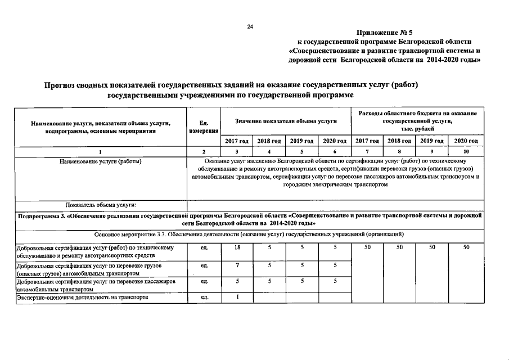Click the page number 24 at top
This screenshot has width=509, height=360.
[250, 27]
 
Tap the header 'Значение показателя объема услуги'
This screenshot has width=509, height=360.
[286, 121]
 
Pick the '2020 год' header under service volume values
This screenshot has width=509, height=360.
[335, 141]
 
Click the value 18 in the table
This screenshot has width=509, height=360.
[237, 247]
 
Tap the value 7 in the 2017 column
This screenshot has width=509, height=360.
[237, 264]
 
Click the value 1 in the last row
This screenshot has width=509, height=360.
[237, 297]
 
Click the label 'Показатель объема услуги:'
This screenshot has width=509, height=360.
[101, 205]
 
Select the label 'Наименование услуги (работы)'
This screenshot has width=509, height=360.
[100, 161]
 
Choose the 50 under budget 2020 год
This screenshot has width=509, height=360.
[466, 247]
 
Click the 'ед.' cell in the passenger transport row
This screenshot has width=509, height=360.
[204, 281]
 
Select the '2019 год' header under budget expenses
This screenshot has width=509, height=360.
[432, 141]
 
